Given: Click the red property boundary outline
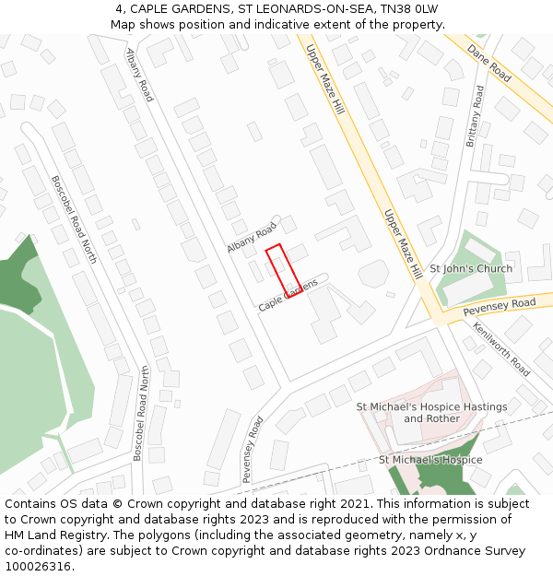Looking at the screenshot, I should click(x=284, y=269).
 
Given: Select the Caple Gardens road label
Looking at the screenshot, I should click(x=288, y=295).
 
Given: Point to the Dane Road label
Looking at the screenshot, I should click(x=488, y=62).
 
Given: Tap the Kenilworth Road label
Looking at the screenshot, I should click(x=501, y=348).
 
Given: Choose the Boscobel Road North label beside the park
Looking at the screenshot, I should click(x=74, y=219).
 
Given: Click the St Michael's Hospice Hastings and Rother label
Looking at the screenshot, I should click(x=431, y=412).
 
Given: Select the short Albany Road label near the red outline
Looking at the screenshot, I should click(x=252, y=238).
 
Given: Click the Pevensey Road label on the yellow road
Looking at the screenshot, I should click(x=499, y=303).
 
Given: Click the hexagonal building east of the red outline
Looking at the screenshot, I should click(x=373, y=273).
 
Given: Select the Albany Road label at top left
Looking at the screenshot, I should click(x=139, y=75).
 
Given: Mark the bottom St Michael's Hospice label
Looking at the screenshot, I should click(x=430, y=459).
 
